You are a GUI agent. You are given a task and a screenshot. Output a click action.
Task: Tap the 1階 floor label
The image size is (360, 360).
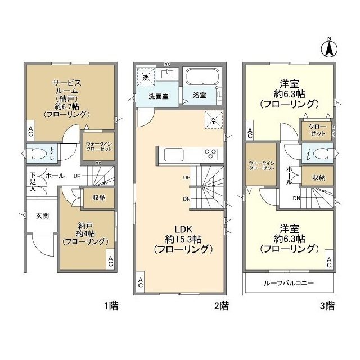[110, 306]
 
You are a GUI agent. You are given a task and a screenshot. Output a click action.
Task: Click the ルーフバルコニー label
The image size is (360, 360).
[289, 283]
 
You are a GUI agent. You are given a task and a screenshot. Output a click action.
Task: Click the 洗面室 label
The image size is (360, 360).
[159, 96]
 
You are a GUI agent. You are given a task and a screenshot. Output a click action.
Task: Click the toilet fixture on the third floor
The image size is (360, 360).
[318, 153]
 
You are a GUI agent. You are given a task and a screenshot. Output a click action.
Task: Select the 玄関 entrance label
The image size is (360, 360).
[42, 215]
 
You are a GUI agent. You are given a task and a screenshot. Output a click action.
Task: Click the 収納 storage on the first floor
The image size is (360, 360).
[100, 197]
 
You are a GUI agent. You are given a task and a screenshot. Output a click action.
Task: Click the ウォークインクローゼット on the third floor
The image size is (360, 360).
[261, 166]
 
